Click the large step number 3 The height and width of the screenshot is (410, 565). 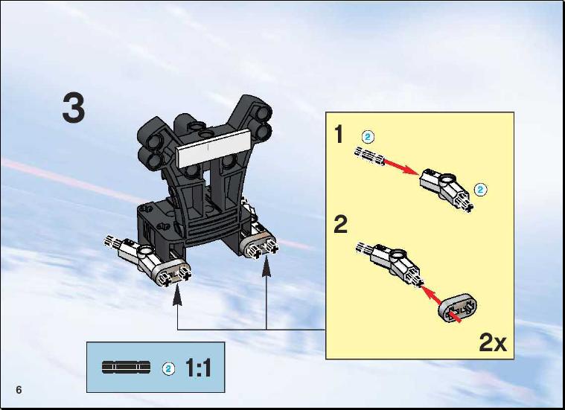point(74,108)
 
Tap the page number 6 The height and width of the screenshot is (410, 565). point(19,390)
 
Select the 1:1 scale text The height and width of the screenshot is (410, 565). point(199,368)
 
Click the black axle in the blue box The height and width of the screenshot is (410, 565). point(126,367)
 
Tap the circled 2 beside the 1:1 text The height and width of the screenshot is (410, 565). point(168,368)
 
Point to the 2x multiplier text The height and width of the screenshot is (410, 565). point(493,342)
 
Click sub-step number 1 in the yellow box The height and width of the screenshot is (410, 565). point(339,134)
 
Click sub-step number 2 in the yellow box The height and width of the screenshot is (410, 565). point(340,224)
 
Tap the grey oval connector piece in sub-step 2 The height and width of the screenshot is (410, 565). point(458,307)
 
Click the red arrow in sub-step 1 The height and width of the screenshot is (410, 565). point(401,167)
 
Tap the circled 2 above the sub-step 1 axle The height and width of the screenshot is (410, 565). point(368,137)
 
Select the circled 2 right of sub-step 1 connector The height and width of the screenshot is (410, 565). point(480,190)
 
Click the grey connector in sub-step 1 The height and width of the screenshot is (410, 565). point(447,189)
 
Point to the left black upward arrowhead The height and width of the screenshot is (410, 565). point(177,297)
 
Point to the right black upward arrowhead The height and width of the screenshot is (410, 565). point(266,271)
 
